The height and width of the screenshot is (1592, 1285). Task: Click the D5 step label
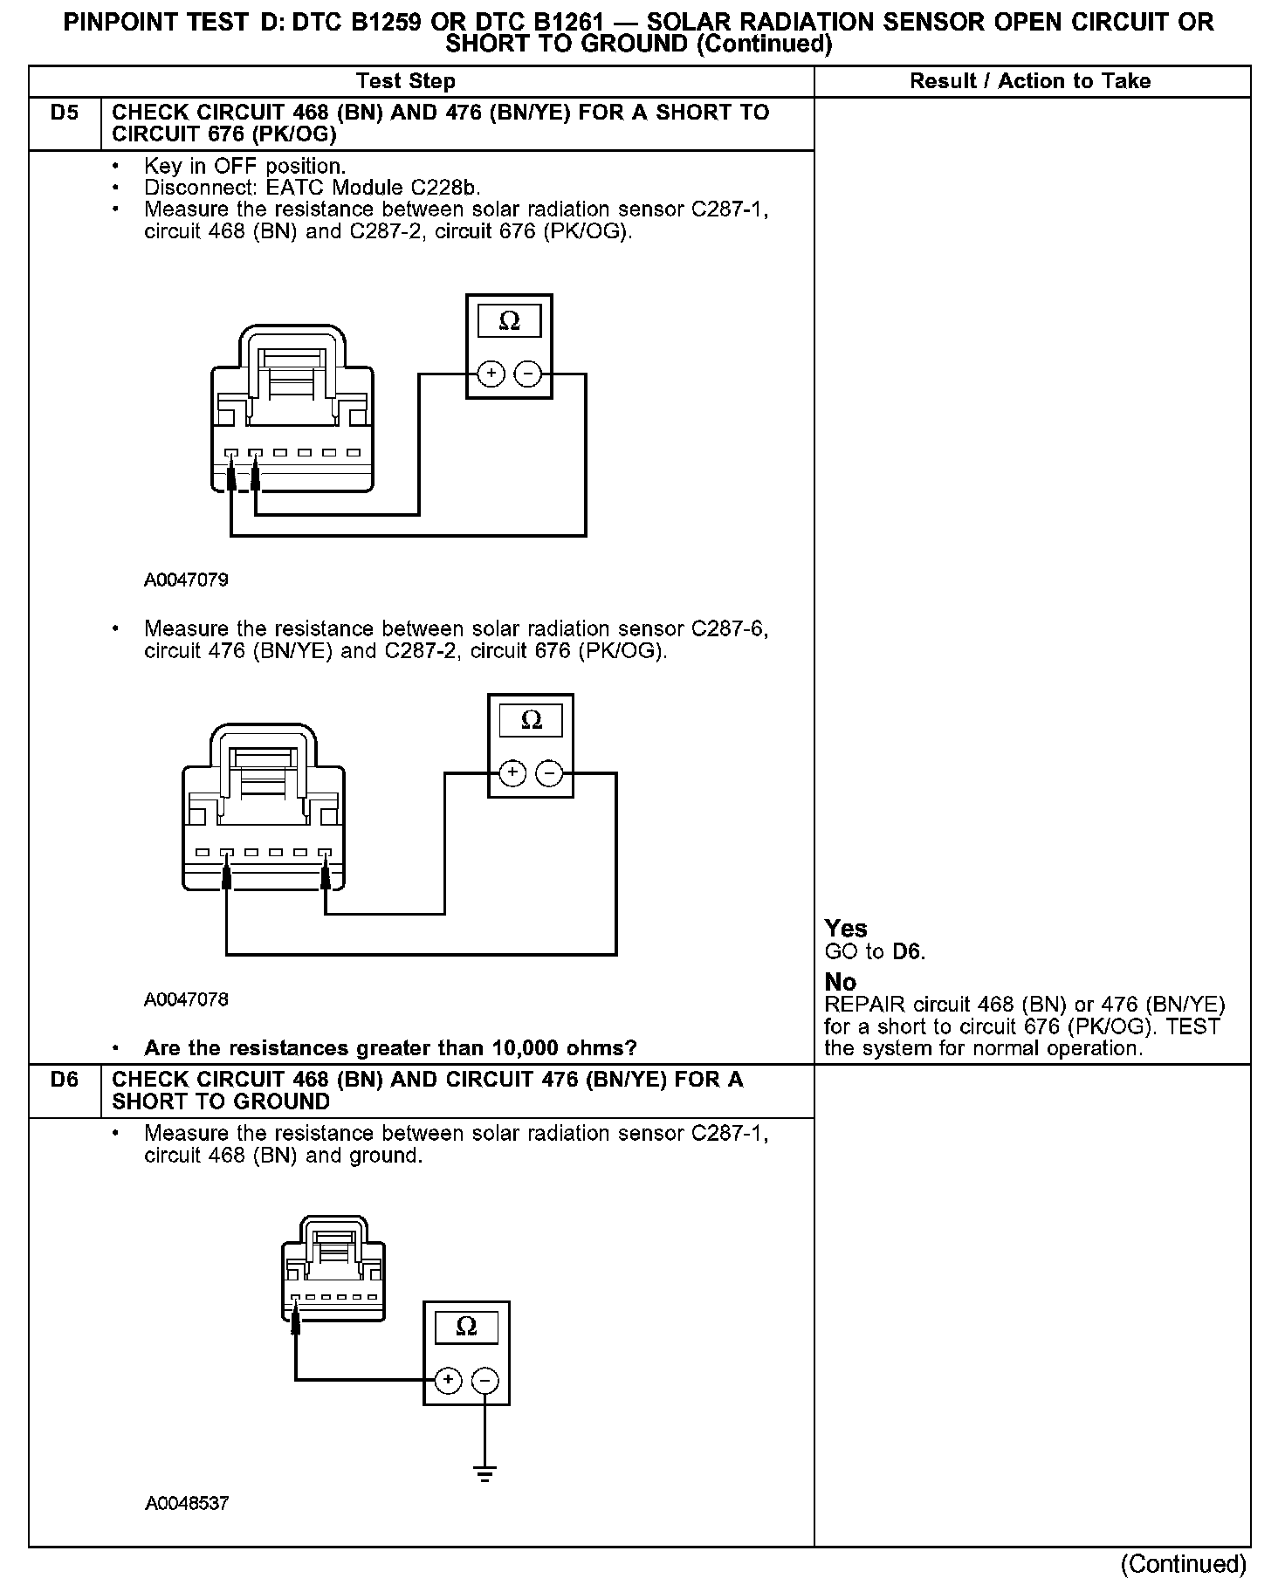coord(64,113)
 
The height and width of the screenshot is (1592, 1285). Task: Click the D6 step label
coord(64,1080)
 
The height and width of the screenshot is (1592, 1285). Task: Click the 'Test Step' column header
coord(405,81)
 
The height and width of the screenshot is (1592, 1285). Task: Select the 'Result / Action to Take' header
coord(1030,81)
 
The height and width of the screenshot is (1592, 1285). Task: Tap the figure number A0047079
coord(186,580)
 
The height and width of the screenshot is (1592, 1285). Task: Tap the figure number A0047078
coord(186,999)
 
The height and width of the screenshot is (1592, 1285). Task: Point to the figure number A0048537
coord(187,1503)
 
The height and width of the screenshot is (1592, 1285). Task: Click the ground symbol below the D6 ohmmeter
coord(485,1475)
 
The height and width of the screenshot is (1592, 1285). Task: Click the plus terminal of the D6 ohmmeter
coord(448,1380)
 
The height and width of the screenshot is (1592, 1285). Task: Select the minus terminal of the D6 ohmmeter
coord(484,1380)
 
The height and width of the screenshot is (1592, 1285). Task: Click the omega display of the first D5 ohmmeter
coord(509,321)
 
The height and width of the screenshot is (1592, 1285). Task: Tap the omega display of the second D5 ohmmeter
coord(531,720)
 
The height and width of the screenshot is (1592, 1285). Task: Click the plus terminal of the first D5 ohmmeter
coord(491,374)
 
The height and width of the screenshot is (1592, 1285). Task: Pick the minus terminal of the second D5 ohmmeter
coord(548,773)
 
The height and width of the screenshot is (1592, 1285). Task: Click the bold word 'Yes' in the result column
coord(846,928)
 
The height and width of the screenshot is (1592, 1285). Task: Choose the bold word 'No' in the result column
coord(840,982)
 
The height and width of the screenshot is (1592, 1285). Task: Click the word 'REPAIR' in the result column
coord(859,1005)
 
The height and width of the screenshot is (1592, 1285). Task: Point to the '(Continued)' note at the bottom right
coord(1183,1563)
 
